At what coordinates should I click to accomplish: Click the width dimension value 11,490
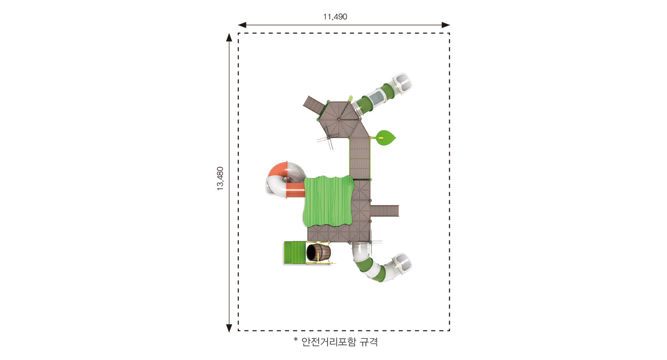(x=335, y=17)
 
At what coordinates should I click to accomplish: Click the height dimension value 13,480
(x=220, y=178)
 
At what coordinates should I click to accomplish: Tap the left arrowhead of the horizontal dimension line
(x=242, y=25)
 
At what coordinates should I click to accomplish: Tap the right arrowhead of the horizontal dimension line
(x=446, y=25)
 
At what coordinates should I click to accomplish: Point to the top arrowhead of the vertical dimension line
(x=229, y=37)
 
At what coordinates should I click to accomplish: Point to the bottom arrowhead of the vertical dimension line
(x=229, y=328)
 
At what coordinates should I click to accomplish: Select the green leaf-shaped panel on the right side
(x=386, y=138)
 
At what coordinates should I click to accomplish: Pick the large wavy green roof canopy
(x=328, y=201)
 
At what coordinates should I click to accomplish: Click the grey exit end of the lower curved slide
(x=402, y=263)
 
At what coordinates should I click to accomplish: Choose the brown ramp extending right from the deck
(x=384, y=211)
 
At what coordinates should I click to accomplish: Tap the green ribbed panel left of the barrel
(x=295, y=253)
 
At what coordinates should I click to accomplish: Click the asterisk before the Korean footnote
(x=296, y=340)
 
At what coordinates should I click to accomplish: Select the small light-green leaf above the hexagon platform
(x=351, y=98)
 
